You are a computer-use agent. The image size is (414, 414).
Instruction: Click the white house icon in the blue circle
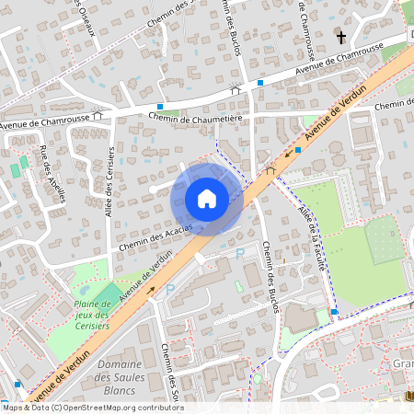[207, 199]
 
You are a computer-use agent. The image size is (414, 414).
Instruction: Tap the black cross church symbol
[341, 38]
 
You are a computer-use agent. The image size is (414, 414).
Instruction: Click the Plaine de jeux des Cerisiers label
[91, 314]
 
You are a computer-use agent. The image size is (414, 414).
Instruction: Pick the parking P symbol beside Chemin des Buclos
[240, 253]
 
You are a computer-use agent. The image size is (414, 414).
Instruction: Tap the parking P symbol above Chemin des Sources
[169, 289]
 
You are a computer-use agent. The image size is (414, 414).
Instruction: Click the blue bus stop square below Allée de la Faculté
[333, 312]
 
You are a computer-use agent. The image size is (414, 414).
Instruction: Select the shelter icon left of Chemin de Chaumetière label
[97, 116]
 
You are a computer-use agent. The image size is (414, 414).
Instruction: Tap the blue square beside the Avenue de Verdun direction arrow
[299, 149]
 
